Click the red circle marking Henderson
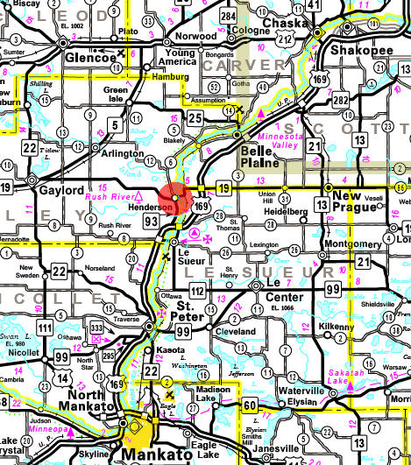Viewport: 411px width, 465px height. pyautogui.click(x=176, y=198)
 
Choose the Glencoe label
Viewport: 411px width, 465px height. pyautogui.click(x=92, y=58)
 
